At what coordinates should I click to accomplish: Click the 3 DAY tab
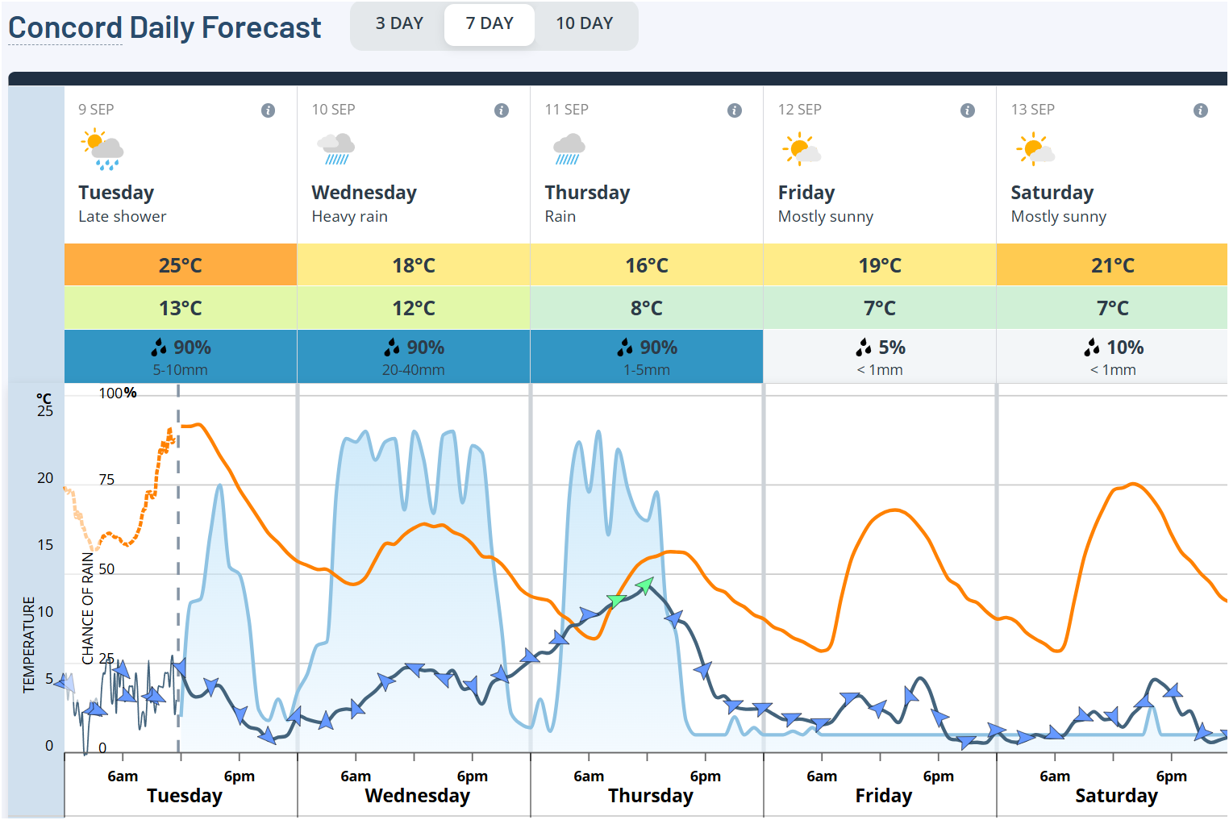(x=399, y=24)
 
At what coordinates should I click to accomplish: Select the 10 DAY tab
(x=584, y=24)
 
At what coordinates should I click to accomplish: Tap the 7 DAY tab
(x=490, y=24)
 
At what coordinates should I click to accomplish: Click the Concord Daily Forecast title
(x=165, y=28)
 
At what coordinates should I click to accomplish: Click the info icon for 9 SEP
(x=268, y=110)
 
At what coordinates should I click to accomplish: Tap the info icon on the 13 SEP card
(x=1200, y=110)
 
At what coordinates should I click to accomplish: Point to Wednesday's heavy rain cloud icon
(x=335, y=149)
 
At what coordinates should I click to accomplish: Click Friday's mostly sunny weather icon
(x=801, y=150)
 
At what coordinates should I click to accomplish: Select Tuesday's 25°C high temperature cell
(x=181, y=265)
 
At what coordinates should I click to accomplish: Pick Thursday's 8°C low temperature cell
(x=647, y=308)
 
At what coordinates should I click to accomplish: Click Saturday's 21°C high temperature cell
(x=1112, y=265)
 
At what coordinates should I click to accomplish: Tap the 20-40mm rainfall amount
(x=413, y=370)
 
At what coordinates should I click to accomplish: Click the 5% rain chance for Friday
(x=881, y=348)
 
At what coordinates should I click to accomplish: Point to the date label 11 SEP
(x=566, y=110)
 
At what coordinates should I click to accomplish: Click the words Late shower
(x=122, y=216)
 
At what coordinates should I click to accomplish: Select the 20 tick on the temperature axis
(x=45, y=478)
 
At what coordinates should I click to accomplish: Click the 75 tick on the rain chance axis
(x=106, y=480)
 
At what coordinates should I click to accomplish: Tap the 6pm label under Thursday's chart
(x=705, y=776)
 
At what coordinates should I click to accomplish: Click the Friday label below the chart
(x=883, y=796)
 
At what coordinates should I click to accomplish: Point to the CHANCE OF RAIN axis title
(x=88, y=608)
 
